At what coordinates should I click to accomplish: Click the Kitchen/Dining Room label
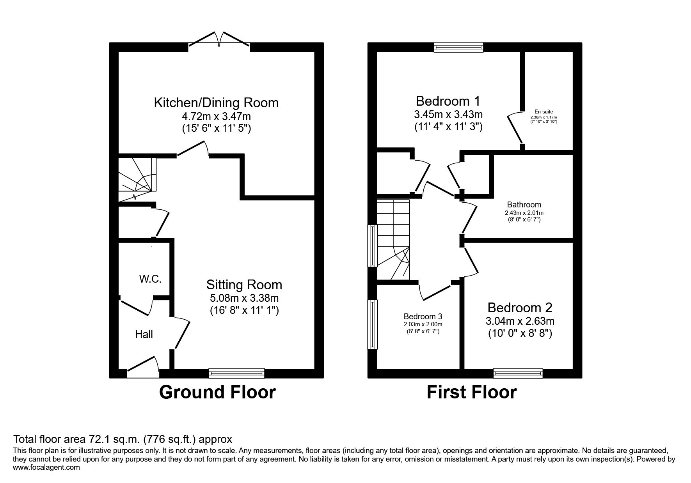tap(216, 103)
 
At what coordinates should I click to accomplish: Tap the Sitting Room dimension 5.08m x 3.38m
tap(244, 298)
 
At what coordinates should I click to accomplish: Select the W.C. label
tap(150, 279)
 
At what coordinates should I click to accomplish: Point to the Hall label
tap(144, 334)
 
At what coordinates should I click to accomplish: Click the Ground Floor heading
tap(217, 392)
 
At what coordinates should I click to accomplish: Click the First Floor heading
tap(472, 392)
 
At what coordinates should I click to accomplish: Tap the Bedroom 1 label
tap(448, 101)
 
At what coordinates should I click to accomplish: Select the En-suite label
tap(544, 111)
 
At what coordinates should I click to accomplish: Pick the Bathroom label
tap(524, 205)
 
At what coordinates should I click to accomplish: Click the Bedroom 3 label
tap(423, 317)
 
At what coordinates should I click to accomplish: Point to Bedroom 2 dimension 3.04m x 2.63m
tap(520, 322)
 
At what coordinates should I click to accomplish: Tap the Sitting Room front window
tap(237, 373)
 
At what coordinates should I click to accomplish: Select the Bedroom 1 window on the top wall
tap(459, 47)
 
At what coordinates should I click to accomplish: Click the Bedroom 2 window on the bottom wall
tap(518, 373)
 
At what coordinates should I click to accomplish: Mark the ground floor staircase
tap(138, 179)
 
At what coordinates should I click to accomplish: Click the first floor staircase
tap(393, 240)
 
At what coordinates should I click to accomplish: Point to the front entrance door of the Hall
tap(143, 368)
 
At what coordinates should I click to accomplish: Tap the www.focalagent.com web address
tap(46, 467)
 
